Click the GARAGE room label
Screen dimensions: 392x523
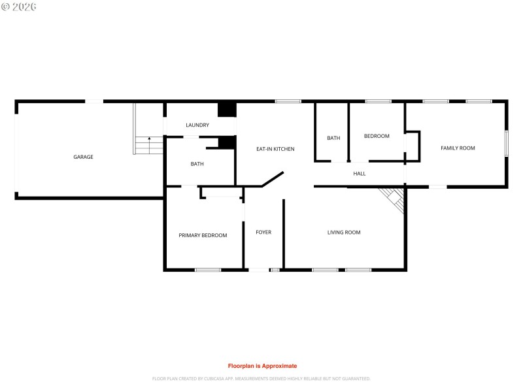83,157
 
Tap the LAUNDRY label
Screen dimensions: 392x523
197,125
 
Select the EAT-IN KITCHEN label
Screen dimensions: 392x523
275,149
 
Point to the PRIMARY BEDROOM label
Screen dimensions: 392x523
203,235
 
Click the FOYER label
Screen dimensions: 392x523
263,233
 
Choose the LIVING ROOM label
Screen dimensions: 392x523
344,233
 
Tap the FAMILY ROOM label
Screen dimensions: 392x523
458,148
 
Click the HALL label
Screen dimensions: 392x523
360,174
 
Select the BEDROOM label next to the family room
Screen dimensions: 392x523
377,136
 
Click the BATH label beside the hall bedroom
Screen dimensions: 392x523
333,138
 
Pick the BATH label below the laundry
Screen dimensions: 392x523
197,164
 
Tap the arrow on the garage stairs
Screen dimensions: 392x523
150,140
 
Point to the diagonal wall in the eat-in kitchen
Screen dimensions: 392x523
272,180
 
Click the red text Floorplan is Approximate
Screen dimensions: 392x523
261,366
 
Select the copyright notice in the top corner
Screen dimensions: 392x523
19,6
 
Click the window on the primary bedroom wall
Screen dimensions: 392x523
208,269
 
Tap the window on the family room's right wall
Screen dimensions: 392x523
506,143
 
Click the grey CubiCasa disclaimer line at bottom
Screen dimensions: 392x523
261,378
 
